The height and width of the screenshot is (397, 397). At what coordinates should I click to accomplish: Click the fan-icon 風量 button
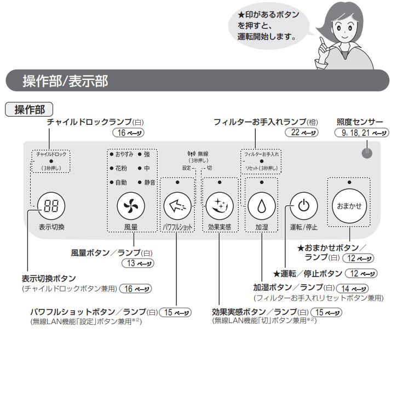(x=131, y=206)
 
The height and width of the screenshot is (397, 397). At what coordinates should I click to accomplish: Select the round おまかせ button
(x=349, y=206)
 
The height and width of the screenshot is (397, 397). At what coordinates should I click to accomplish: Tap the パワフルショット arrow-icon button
(x=176, y=206)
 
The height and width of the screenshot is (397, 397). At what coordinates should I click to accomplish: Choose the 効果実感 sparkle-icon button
(x=219, y=206)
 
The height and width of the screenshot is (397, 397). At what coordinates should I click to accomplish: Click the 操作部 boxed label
(x=30, y=110)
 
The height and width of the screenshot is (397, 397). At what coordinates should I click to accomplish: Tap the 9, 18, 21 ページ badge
(x=362, y=133)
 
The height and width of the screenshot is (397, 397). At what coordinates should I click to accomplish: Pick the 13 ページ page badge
(x=136, y=263)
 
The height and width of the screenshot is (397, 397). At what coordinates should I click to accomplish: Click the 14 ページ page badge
(x=354, y=289)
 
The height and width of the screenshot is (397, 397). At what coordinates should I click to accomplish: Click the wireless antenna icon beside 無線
(x=191, y=154)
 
